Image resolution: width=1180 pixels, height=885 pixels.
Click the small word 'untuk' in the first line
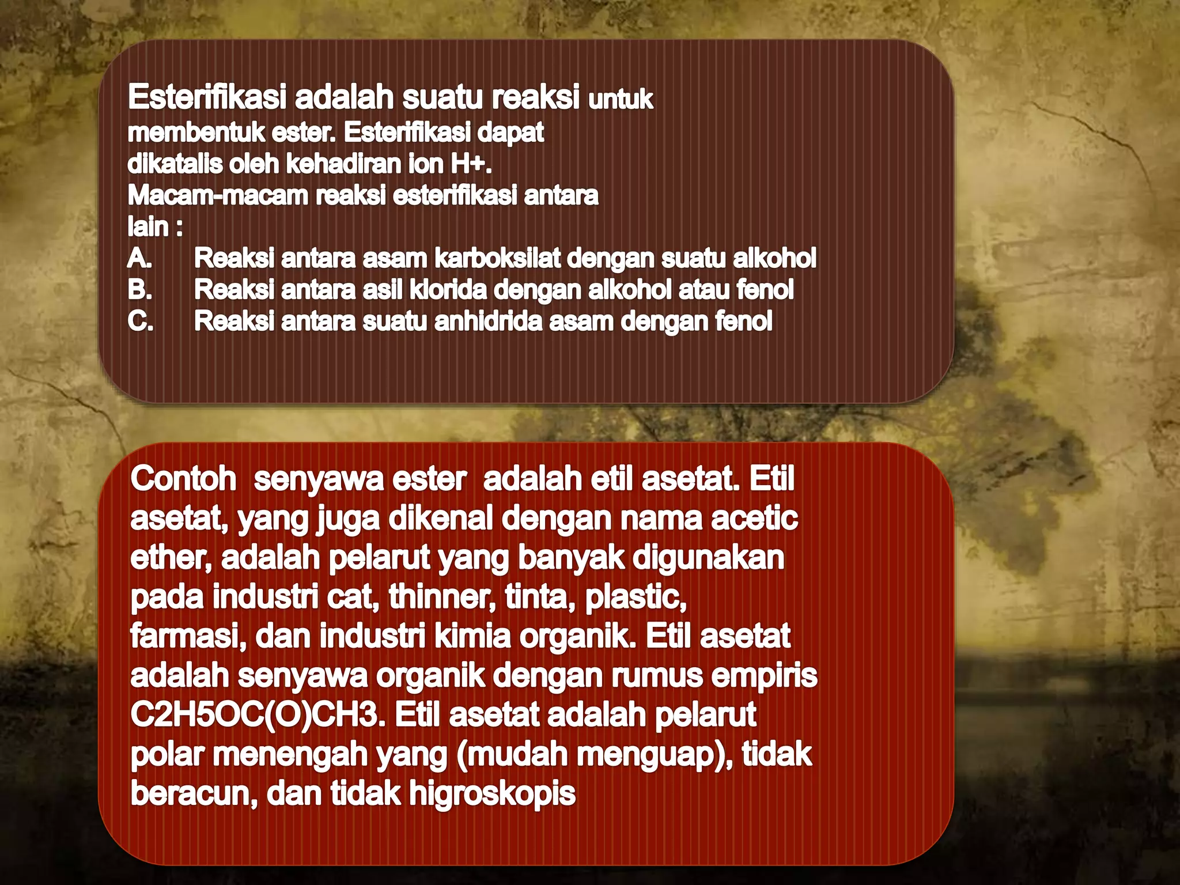click(x=621, y=100)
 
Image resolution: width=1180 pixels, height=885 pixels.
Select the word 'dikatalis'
click(x=175, y=164)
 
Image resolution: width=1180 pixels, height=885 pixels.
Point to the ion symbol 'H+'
click(x=470, y=164)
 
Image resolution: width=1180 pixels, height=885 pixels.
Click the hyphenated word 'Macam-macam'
click(x=218, y=196)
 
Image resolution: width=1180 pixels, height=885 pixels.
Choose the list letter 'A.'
click(x=140, y=258)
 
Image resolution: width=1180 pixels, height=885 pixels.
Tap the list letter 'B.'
click(x=140, y=289)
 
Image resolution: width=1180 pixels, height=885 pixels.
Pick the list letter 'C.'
click(x=141, y=321)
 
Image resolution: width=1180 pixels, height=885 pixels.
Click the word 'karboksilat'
click(x=497, y=258)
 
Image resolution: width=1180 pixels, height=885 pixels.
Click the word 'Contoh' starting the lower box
click(x=183, y=479)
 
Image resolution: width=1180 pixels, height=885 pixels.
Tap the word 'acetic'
click(x=754, y=519)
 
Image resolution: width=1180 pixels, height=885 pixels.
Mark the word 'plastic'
click(x=635, y=597)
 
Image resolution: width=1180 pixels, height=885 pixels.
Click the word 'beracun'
click(x=194, y=793)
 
